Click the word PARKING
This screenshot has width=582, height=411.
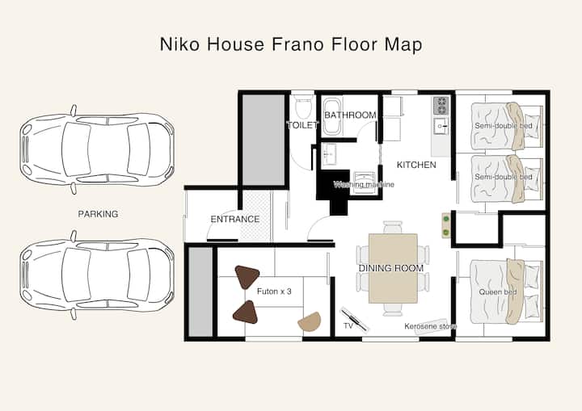click(98, 214)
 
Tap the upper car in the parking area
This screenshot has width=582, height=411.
click(97, 149)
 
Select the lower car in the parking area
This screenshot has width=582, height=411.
click(97, 275)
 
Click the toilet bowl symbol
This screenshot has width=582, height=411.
click(303, 108)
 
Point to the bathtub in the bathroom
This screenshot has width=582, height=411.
click(332, 116)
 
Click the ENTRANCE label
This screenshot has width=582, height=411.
click(235, 219)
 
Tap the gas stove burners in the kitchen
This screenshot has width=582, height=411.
click(441, 105)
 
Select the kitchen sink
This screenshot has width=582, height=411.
click(441, 127)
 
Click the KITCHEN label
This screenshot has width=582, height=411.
click(416, 165)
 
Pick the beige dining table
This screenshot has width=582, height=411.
click(393, 268)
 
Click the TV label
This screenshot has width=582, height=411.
click(348, 326)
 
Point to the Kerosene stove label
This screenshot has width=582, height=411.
click(431, 326)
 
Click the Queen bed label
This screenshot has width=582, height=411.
click(498, 292)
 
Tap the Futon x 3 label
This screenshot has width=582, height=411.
click(274, 291)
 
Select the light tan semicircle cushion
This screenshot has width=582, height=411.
click(310, 321)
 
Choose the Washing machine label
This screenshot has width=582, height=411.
click(364, 184)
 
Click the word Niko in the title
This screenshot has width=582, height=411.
click(180, 44)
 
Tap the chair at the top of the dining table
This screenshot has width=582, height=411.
click(393, 227)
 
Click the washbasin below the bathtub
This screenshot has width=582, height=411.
click(329, 153)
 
